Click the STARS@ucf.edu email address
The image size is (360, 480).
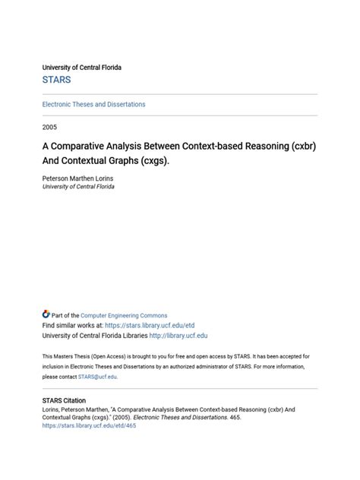97,377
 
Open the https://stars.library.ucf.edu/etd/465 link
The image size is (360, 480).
89,426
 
